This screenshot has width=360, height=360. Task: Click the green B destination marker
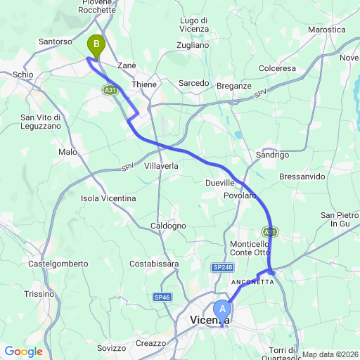coord(95,46)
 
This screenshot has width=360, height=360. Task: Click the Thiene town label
coord(144,84)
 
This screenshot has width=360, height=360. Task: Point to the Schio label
coord(22,75)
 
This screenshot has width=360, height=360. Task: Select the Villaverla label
coord(162,166)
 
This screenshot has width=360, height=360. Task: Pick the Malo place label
coord(67,152)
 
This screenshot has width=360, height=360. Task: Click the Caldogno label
coord(168,226)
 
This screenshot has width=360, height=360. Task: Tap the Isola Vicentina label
coord(108,198)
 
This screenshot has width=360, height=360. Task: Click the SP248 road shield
coord(222,267)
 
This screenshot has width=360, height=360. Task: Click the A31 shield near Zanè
coord(109,90)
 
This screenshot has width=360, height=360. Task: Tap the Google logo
coord(23,352)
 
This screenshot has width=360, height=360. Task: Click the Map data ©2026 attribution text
coord(330,354)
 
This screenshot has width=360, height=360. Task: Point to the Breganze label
coord(235,85)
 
